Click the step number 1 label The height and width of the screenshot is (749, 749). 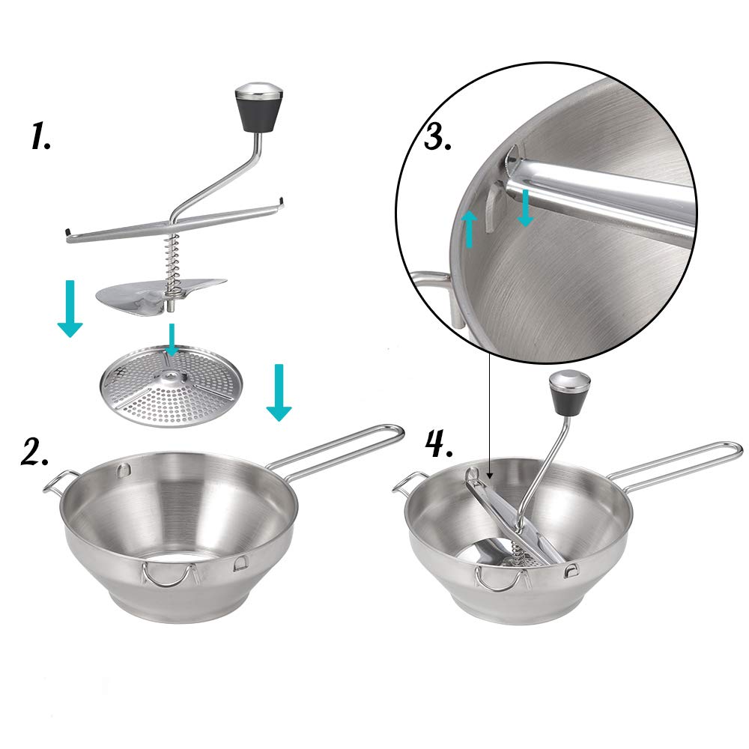pos(40,137)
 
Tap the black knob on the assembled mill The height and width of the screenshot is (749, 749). pos(570,391)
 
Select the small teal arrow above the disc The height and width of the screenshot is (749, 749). pos(172,339)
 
